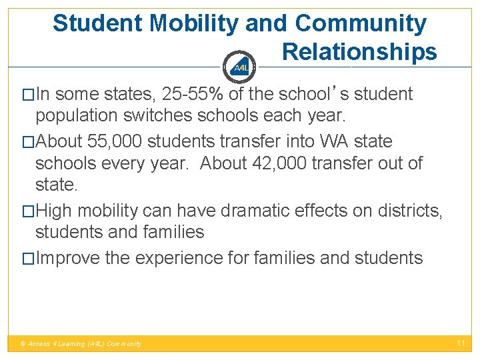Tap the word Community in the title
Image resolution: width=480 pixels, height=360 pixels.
click(x=360, y=23)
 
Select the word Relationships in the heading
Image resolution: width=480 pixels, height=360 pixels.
click(x=359, y=52)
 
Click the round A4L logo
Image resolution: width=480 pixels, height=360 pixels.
click(x=241, y=67)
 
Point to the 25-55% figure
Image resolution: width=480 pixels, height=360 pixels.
click(x=193, y=95)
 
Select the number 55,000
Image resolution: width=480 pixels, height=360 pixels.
click(x=122, y=141)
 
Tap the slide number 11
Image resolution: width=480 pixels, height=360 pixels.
click(x=460, y=343)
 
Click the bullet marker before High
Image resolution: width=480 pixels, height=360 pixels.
click(x=28, y=211)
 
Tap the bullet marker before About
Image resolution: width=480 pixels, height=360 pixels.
click(x=28, y=142)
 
